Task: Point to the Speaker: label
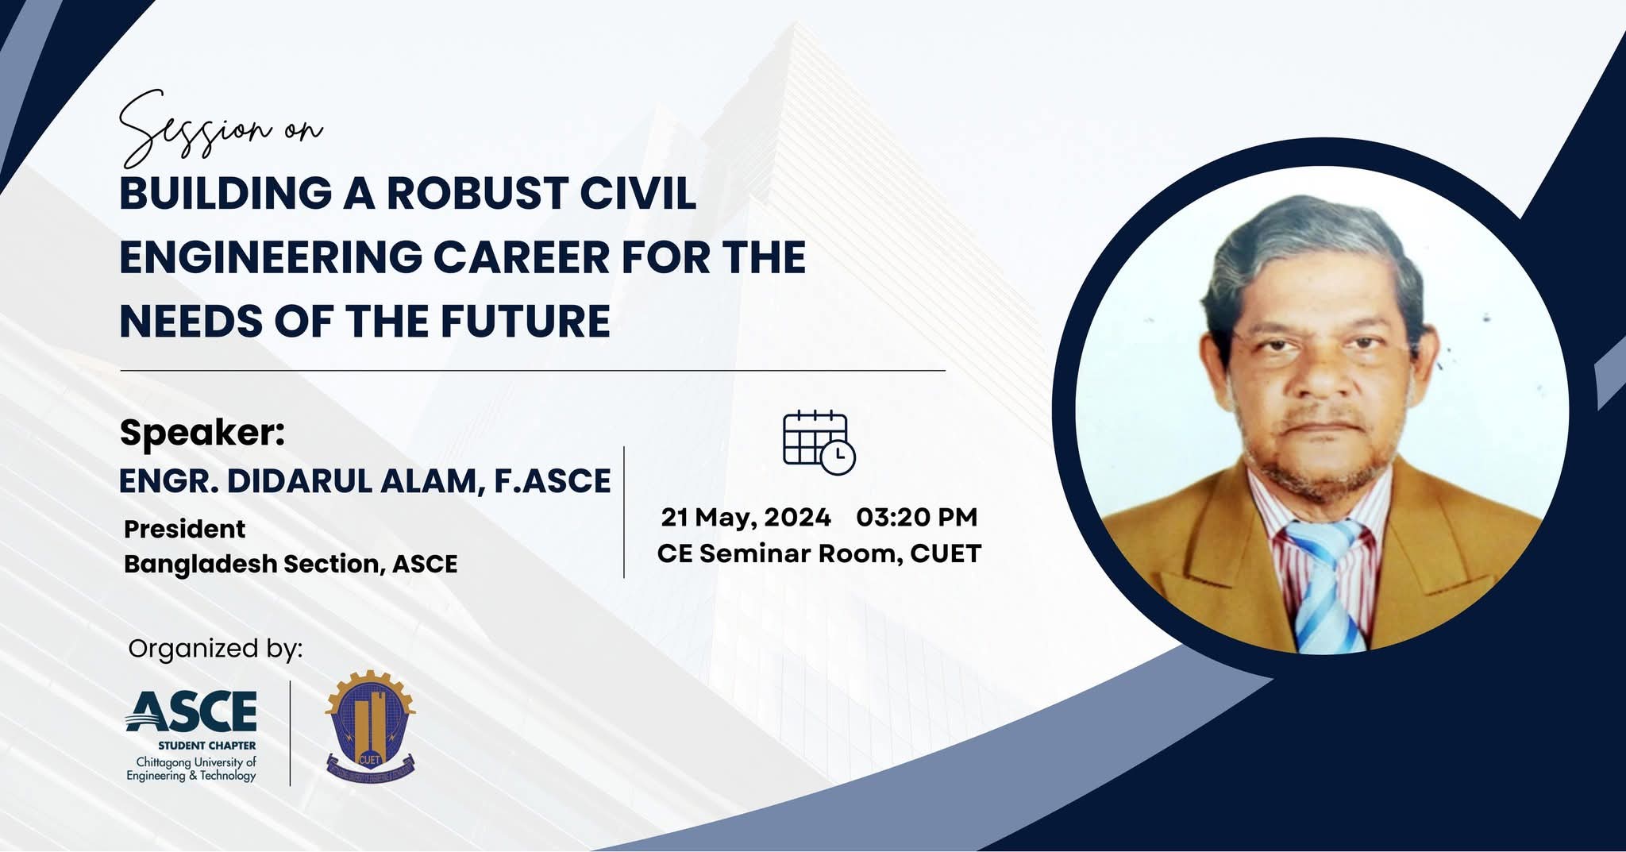(202, 433)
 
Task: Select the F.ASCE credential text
(553, 481)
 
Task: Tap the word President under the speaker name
(184, 529)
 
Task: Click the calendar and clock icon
(819, 443)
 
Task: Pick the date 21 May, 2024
(746, 518)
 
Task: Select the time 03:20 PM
(917, 517)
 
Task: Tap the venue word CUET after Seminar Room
(946, 553)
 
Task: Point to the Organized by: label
(215, 649)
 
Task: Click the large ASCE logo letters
(191, 711)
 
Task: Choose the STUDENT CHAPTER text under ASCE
(206, 746)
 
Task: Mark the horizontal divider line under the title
(533, 371)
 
